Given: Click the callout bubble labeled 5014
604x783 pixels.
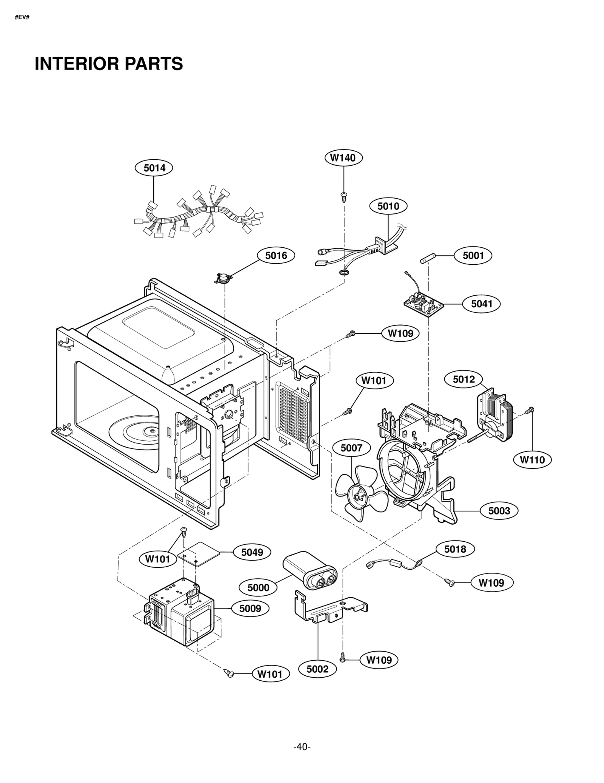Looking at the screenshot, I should pos(154,168).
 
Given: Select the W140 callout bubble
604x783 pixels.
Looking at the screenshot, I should pos(343,158).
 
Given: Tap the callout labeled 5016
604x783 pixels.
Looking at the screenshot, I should pos(276,255).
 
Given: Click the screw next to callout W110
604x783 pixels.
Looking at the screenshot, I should pos(531,409).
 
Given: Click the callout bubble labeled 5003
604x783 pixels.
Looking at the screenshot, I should pos(499,511).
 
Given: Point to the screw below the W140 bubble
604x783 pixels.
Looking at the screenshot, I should pos(344,195).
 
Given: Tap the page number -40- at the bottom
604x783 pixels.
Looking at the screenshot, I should pos(302,747).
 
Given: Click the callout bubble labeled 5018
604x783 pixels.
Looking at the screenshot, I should pos(455,549).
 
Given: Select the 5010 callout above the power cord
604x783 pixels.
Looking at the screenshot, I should pos(388,206).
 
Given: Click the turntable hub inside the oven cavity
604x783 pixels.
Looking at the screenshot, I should pos(151,430).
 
